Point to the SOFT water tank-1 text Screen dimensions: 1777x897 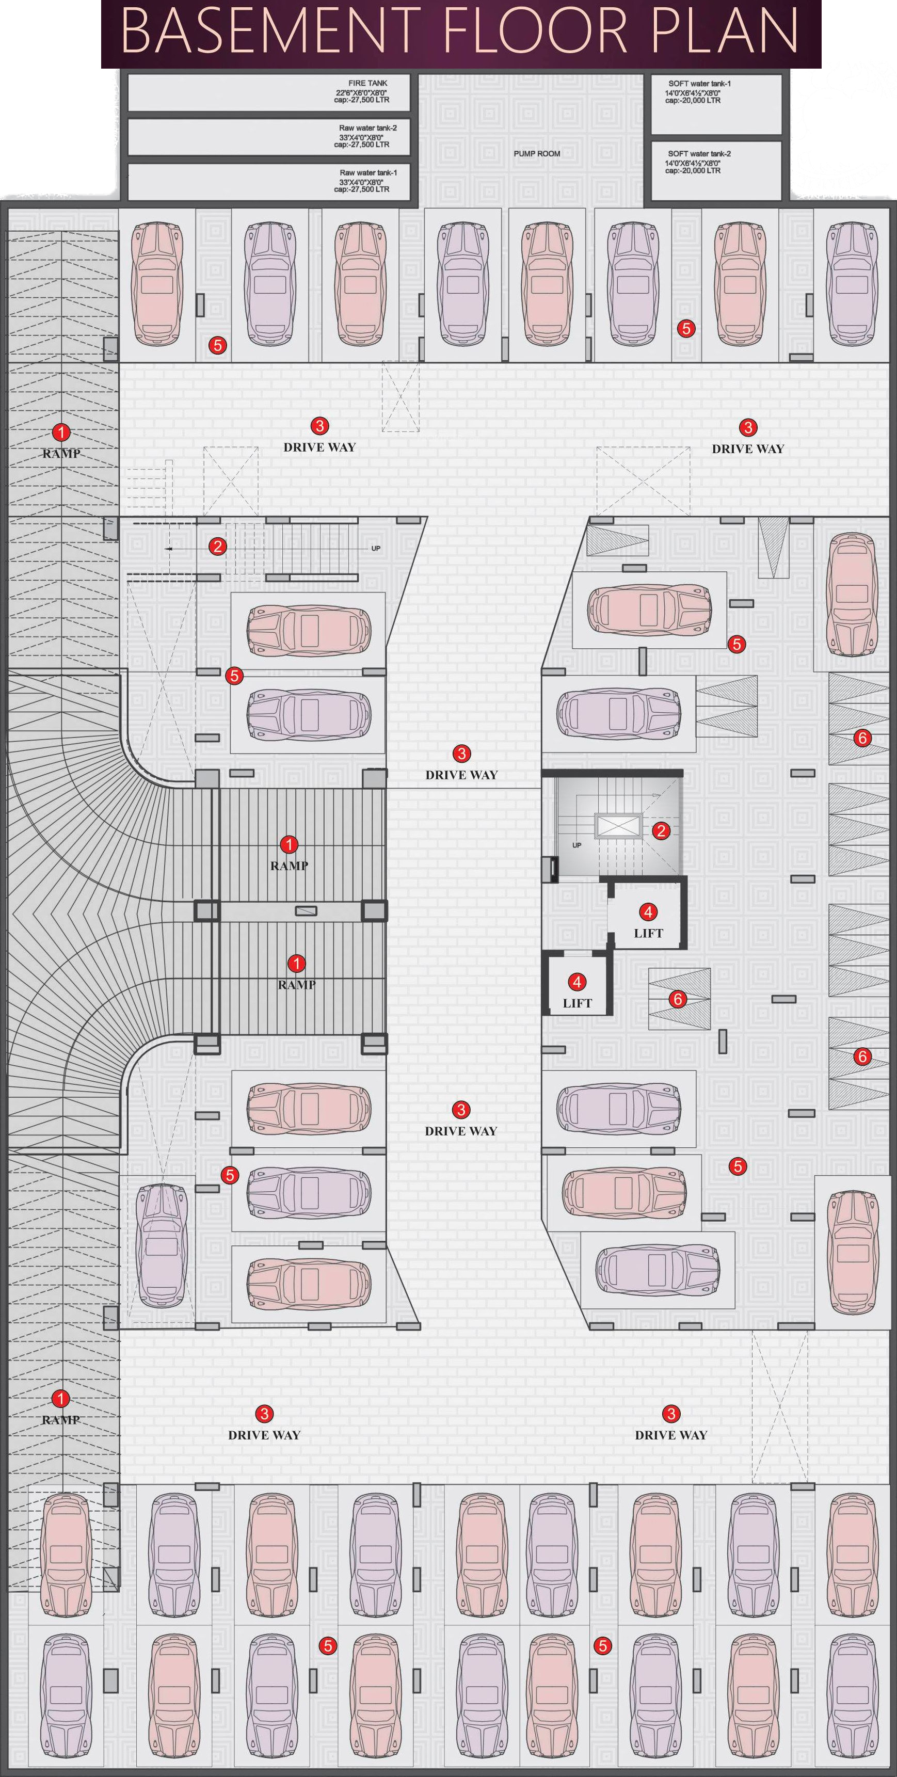(699, 84)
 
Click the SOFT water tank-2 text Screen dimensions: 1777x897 (699, 154)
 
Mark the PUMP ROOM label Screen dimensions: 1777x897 (537, 154)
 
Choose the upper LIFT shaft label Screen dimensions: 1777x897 (648, 933)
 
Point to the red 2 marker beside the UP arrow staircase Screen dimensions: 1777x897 (218, 547)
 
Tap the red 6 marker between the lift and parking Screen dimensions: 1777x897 (678, 999)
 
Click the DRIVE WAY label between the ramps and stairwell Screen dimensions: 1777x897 (461, 775)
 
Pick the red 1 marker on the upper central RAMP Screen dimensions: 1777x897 (289, 844)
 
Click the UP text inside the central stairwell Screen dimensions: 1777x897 (577, 845)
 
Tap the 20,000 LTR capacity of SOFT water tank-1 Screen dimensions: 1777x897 (693, 101)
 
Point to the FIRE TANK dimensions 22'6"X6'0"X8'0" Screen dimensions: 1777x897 (362, 92)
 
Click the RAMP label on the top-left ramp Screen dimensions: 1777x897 (61, 454)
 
